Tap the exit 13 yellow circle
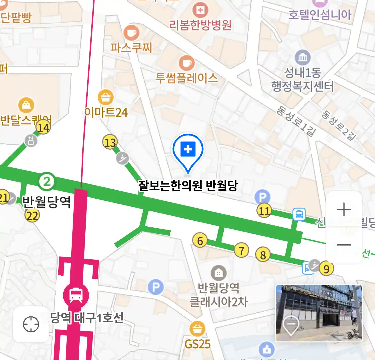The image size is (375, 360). pos(110,143)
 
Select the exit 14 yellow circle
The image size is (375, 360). pos(43,127)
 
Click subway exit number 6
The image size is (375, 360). pos(200,240)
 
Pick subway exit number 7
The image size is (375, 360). pos(242,250)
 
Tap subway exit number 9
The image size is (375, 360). pos(326,268)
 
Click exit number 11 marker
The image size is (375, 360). pos(264,211)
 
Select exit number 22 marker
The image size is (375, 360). pos(32,216)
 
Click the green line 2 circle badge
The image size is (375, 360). pos(47,182)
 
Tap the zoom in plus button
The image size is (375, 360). pos(344,210)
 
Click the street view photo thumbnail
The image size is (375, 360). pos(319,313)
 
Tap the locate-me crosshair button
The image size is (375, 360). pos(31,324)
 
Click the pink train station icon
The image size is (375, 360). pos(76,295)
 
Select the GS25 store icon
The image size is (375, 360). pos(197,329)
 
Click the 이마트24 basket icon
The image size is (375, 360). pos(106,98)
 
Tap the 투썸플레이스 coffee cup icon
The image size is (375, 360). pos(187,63)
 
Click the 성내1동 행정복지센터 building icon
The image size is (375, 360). pos(303,58)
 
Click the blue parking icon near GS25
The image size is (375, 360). pos(156,287)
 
